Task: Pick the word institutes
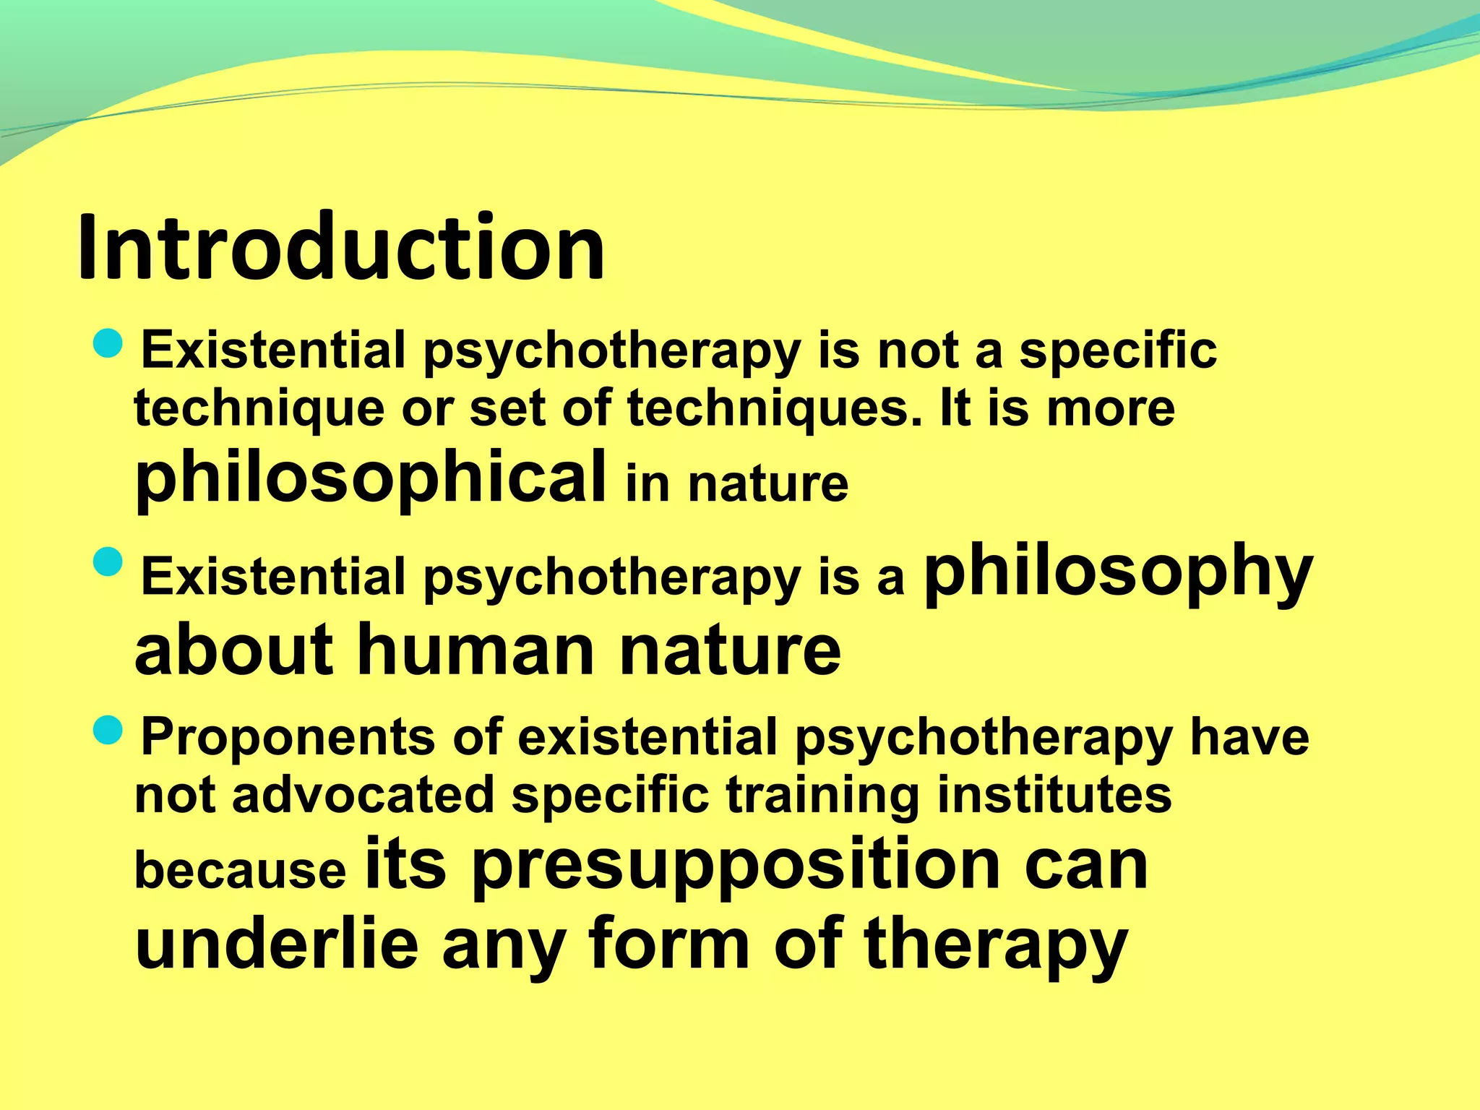[x=1054, y=795]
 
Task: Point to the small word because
[x=241, y=870]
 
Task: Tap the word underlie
[x=277, y=942]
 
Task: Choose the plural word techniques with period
[x=775, y=408]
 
